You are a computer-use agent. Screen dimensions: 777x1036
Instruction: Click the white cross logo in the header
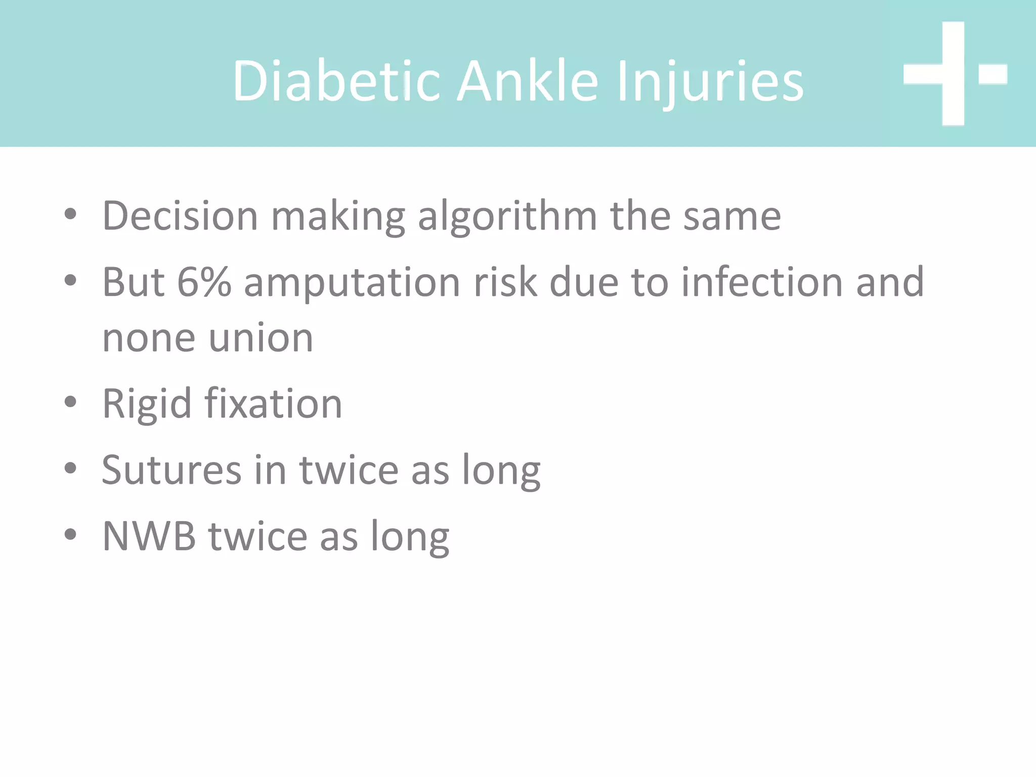(954, 74)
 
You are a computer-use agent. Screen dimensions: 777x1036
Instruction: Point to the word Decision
(180, 216)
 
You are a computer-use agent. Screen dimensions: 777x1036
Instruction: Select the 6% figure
(204, 282)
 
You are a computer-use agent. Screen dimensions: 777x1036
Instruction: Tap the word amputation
(352, 283)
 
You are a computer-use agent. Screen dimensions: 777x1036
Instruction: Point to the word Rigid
(147, 404)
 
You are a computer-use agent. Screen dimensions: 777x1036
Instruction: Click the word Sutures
(171, 470)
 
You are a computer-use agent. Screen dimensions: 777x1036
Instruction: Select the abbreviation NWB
(149, 536)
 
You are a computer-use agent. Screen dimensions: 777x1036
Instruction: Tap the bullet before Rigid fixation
(70, 403)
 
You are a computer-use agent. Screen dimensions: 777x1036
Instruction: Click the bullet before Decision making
(70, 214)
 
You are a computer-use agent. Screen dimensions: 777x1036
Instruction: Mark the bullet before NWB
(70, 534)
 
